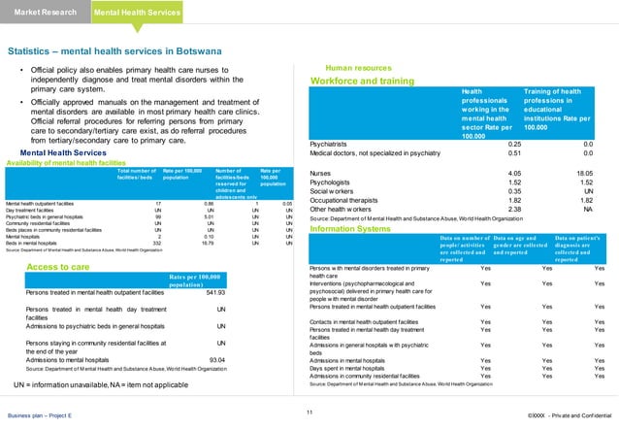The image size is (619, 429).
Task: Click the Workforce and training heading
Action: (x=360, y=81)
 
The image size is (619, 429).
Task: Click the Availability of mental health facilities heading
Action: (x=67, y=162)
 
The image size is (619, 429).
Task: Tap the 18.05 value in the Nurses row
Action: (x=580, y=171)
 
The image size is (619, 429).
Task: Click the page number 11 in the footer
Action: (x=309, y=414)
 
